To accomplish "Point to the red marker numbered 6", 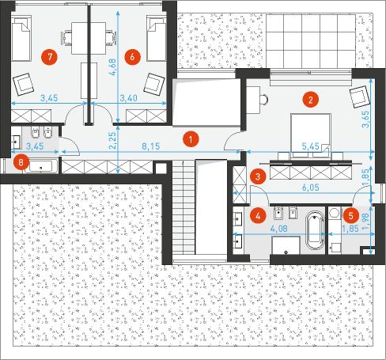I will [133, 56].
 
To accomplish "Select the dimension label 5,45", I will [314, 146].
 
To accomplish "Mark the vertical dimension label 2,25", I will [112, 139].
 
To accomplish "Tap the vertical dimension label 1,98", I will [377, 207].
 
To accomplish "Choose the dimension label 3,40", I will [128, 98].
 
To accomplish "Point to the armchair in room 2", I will [361, 94].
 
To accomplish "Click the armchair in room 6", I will [153, 83].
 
